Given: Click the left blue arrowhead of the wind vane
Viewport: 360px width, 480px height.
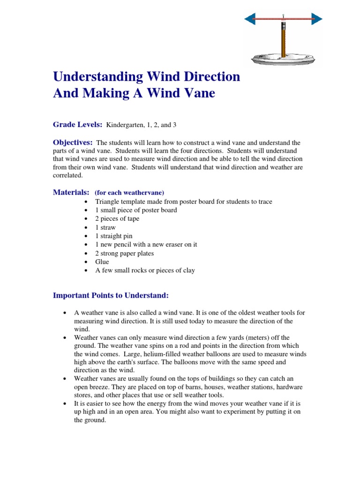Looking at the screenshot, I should coord(250,19).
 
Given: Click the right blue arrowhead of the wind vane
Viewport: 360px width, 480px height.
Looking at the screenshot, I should coord(316,19).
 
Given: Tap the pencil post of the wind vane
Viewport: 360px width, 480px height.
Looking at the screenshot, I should coord(283,40).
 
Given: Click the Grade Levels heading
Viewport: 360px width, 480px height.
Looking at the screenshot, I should coord(77,125).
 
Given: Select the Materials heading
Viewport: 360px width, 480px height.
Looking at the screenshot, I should coord(71,192).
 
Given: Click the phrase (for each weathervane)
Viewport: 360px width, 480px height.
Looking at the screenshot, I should coord(129,193).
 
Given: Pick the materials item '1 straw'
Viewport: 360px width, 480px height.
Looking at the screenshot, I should coord(105,227).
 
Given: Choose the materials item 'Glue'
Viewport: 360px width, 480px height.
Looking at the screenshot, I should coord(102,262).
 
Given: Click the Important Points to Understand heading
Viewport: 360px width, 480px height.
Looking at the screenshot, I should coord(111,295).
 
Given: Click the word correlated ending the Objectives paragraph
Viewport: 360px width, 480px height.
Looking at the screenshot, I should coord(67,175).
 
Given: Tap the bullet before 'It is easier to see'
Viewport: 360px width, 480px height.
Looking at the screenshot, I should coord(64,403).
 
